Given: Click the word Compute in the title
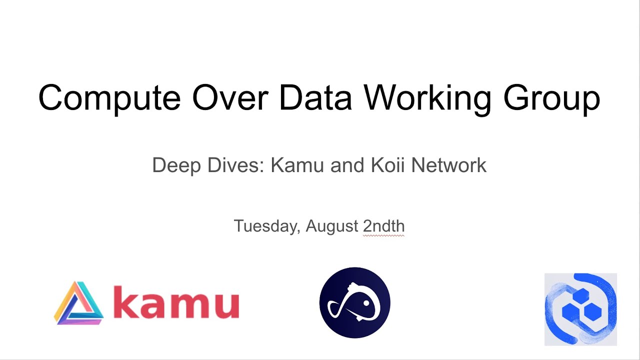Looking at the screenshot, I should pyautogui.click(x=109, y=97).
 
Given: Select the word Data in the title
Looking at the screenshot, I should pyautogui.click(x=315, y=97).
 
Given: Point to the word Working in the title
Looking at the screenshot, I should pyautogui.click(x=427, y=97).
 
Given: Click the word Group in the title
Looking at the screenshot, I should pyautogui.click(x=551, y=97).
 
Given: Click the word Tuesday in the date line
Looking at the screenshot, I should pyautogui.click(x=266, y=226).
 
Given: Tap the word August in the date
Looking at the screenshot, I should pyautogui.click(x=332, y=226).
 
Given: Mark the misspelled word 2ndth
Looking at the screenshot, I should pyautogui.click(x=383, y=226).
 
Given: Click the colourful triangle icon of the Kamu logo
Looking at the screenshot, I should pyautogui.click(x=78, y=304).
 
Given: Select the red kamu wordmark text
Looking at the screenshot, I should pyautogui.click(x=176, y=303).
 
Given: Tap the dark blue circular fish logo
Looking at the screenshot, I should pyautogui.click(x=354, y=302).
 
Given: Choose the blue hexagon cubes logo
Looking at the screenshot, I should pyautogui.click(x=580, y=309).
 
